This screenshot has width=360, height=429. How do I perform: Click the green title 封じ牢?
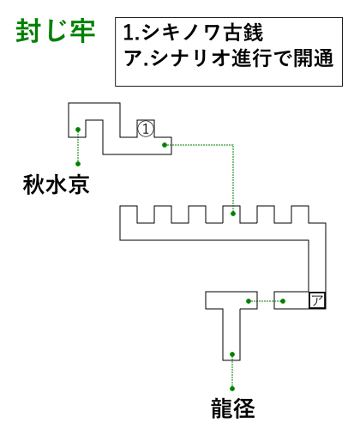pyautogui.click(x=56, y=31)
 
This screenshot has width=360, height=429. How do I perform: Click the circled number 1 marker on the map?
pyautogui.click(x=146, y=129)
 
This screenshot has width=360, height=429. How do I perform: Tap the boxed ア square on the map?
pyautogui.click(x=317, y=300)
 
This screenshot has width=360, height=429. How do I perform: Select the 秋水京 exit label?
pyautogui.click(x=57, y=184)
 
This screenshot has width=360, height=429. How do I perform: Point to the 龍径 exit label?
pyautogui.click(x=233, y=408)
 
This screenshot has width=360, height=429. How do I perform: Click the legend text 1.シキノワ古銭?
pyautogui.click(x=193, y=33)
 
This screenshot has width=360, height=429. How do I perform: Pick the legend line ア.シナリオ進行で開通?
pyautogui.click(x=229, y=57)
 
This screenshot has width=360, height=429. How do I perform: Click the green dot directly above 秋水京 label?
pyautogui.click(x=78, y=164)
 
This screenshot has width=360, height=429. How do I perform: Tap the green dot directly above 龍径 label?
pyautogui.click(x=232, y=389)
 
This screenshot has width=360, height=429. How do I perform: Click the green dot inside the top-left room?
pyautogui.click(x=78, y=130)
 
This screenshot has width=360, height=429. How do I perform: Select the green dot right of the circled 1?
pyautogui.click(x=165, y=145)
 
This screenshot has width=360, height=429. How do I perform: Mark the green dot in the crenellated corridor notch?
pyautogui.click(x=233, y=214)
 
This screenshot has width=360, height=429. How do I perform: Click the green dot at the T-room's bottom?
pyautogui.click(x=232, y=354)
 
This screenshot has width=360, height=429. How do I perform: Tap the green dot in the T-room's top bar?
pyautogui.click(x=249, y=301)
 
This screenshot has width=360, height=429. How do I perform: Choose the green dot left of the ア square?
pyautogui.click(x=283, y=301)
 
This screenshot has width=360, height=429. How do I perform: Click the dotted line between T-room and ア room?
pyautogui.click(x=266, y=301)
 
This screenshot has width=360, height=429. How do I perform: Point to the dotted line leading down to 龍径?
pyautogui.click(x=232, y=372)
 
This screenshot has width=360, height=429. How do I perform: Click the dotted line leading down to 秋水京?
pyautogui.click(x=78, y=147)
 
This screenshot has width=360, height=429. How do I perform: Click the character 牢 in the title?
pyautogui.click(x=83, y=31)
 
